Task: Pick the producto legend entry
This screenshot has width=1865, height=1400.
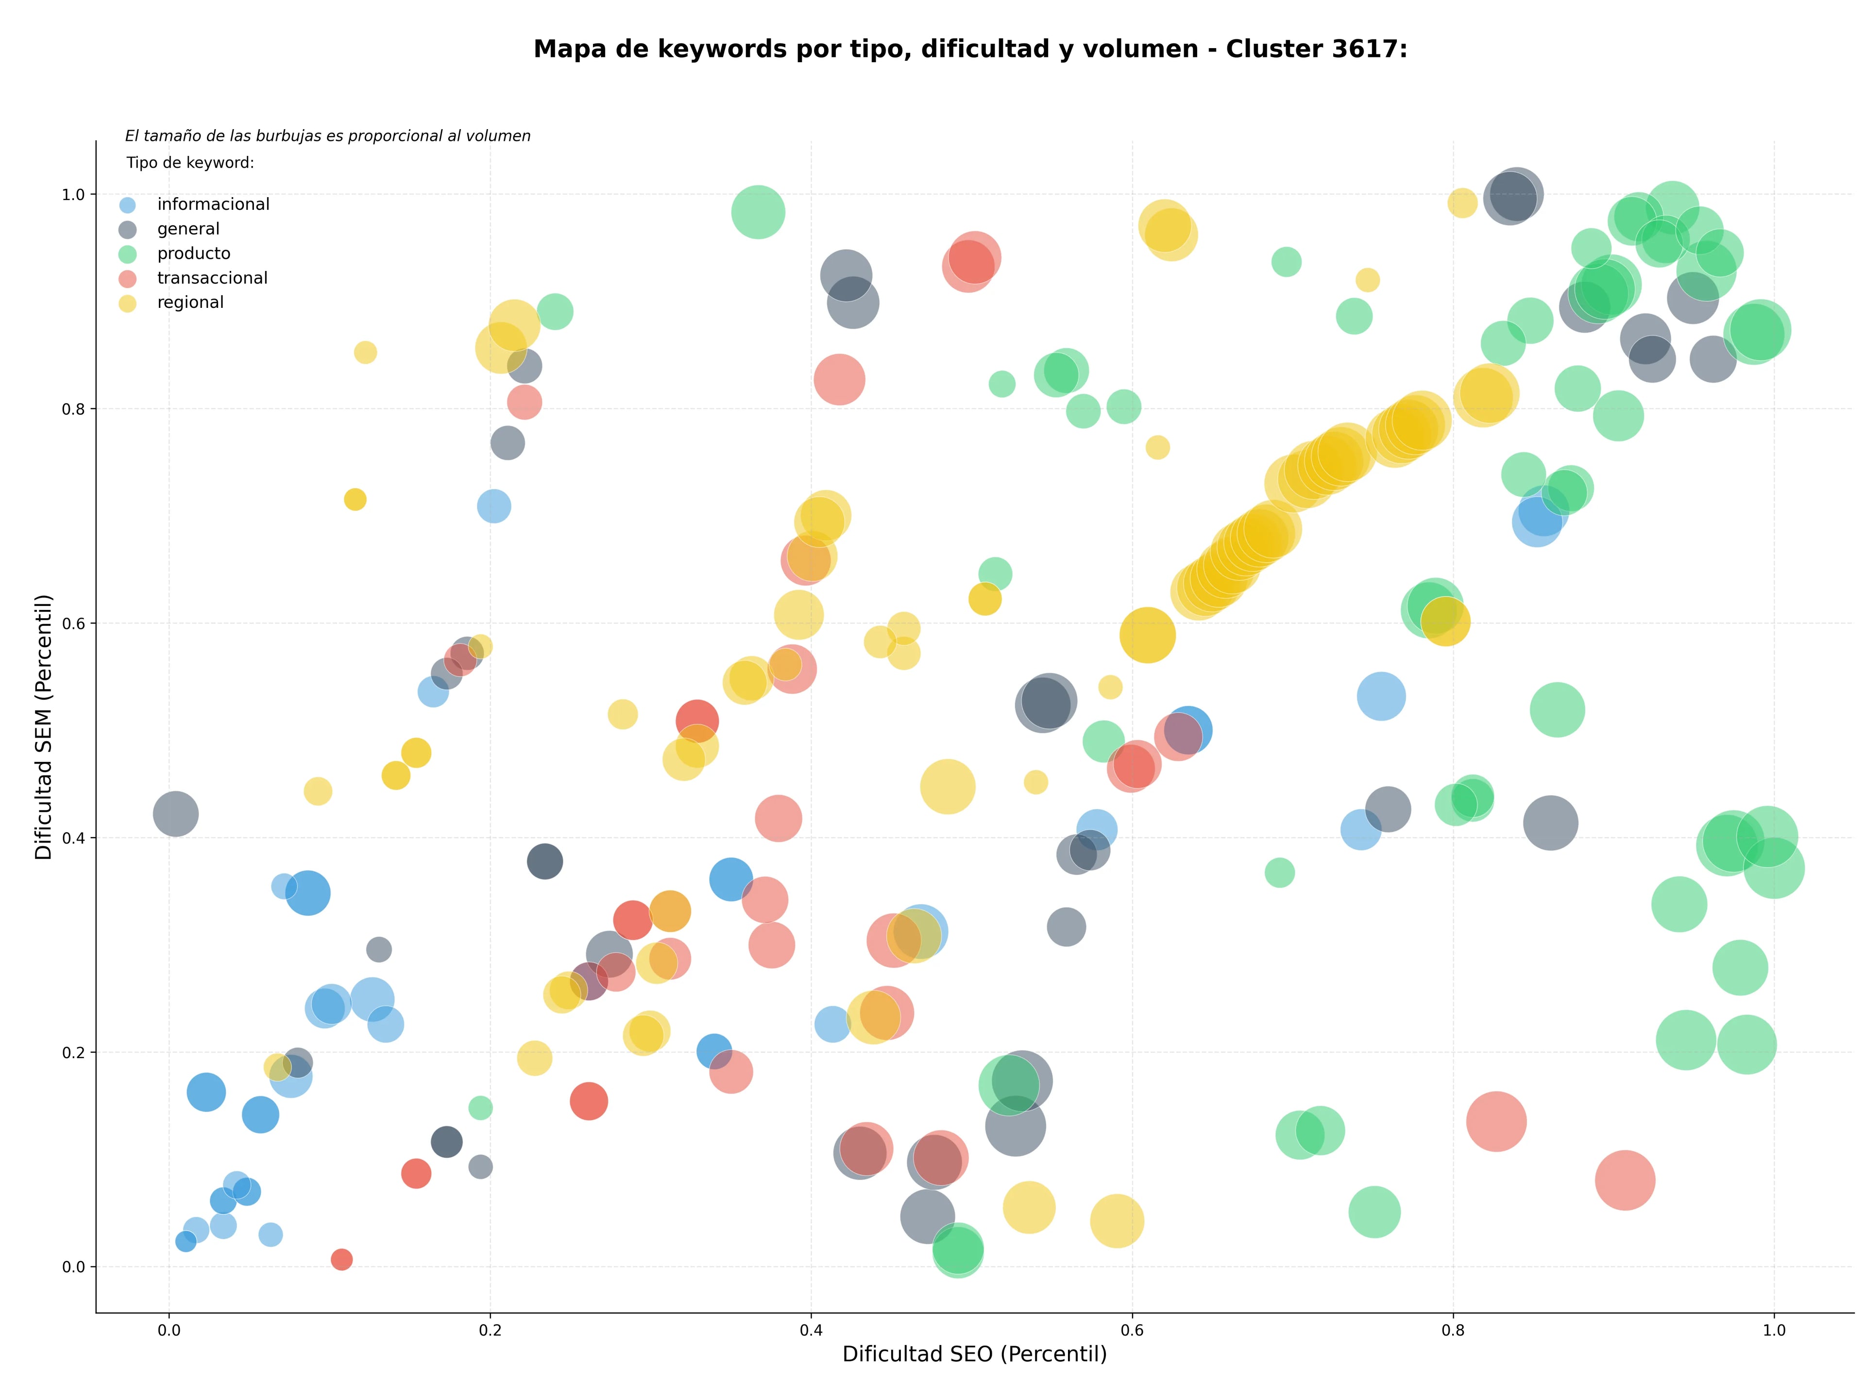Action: click(x=174, y=253)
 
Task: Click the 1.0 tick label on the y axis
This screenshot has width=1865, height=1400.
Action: click(x=74, y=195)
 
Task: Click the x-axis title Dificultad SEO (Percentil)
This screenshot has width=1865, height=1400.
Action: click(x=975, y=1354)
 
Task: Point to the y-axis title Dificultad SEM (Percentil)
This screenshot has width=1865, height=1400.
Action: click(x=44, y=726)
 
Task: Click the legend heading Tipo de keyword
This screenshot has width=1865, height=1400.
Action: click(x=190, y=163)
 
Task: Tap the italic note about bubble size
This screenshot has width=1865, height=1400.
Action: click(x=328, y=135)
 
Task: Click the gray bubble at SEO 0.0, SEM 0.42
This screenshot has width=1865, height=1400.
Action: click(x=175, y=814)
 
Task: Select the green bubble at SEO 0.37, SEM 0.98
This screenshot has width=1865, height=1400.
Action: click(x=758, y=212)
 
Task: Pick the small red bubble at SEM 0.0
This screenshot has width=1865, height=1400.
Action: click(x=341, y=1259)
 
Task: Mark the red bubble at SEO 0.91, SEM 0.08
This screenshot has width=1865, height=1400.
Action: click(x=1625, y=1180)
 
